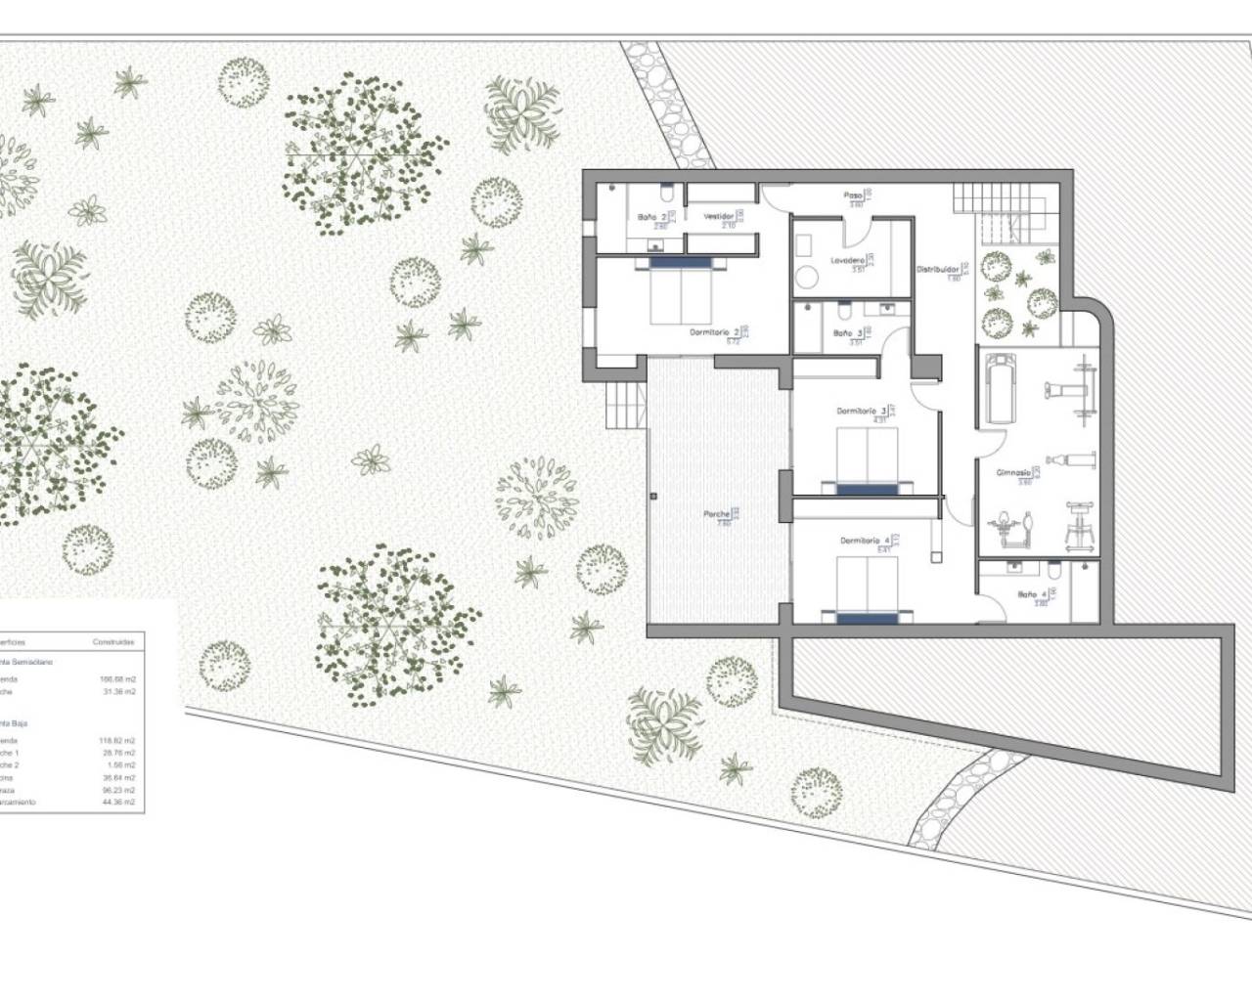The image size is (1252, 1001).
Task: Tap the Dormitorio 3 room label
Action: click(862, 411)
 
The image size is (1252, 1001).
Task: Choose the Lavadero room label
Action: click(847, 261)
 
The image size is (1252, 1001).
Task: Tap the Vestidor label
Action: click(719, 216)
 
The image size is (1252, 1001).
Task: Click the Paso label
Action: click(853, 196)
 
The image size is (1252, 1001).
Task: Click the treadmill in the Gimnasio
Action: click(999, 389)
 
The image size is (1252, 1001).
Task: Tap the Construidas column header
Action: click(113, 642)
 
